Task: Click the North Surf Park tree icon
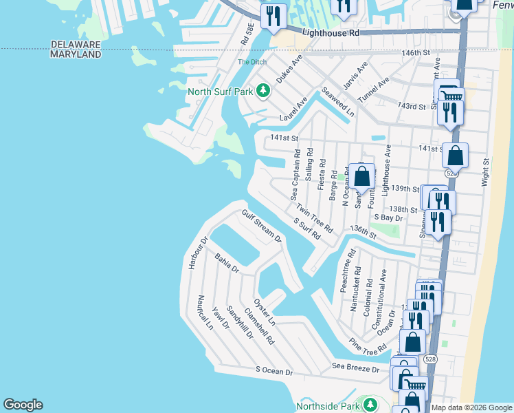click(x=262, y=91)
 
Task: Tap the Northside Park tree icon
click(x=371, y=405)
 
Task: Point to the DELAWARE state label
click(x=76, y=45)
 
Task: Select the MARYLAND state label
click(x=76, y=54)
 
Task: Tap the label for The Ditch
click(x=252, y=62)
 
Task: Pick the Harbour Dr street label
click(x=197, y=253)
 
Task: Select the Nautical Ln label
click(x=204, y=313)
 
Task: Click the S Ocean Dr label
click(x=274, y=371)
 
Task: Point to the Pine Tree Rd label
click(x=368, y=347)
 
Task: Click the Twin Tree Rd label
click(x=315, y=218)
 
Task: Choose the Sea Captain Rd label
click(x=297, y=173)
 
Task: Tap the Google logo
click(x=23, y=405)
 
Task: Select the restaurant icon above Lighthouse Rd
click(x=273, y=15)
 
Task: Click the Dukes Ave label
click(x=289, y=70)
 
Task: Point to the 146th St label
click(x=416, y=52)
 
